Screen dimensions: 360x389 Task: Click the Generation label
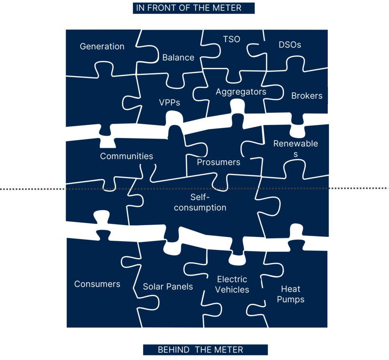(102, 46)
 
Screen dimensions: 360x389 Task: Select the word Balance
(178, 57)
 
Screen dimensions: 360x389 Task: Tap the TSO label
(231, 39)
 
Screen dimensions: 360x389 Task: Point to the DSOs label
(289, 45)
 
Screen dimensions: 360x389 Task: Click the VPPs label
(169, 102)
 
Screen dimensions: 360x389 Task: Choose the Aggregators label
(241, 92)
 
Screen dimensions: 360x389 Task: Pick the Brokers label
(307, 96)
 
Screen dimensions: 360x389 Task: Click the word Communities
(127, 156)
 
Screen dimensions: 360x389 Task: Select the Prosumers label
(218, 162)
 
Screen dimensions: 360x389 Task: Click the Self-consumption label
(200, 202)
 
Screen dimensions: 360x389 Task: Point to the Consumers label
(97, 284)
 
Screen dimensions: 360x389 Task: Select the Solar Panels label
(168, 287)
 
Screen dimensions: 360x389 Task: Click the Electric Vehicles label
(232, 284)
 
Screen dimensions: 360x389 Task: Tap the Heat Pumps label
(291, 294)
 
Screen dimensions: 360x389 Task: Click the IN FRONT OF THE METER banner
(193, 8)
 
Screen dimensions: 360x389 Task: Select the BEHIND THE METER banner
(205, 350)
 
